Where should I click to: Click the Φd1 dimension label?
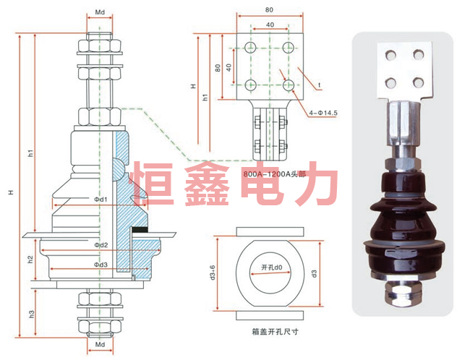point(101,200)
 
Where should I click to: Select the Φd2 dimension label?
point(101,245)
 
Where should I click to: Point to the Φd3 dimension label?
point(101,265)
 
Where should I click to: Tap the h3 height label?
point(32,314)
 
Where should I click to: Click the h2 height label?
point(30,260)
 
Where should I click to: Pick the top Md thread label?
point(100,12)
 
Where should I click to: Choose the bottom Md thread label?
point(100,345)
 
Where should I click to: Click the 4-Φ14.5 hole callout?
point(323,113)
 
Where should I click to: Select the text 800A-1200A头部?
point(274,173)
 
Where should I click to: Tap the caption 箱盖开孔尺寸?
point(275,332)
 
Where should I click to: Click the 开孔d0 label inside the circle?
point(272,267)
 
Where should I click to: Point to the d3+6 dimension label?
point(213,273)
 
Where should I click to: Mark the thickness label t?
point(320,85)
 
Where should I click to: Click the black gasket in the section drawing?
point(140,230)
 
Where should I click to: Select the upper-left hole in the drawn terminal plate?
point(250,47)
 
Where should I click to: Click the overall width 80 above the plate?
point(269,10)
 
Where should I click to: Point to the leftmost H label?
point(11,192)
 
